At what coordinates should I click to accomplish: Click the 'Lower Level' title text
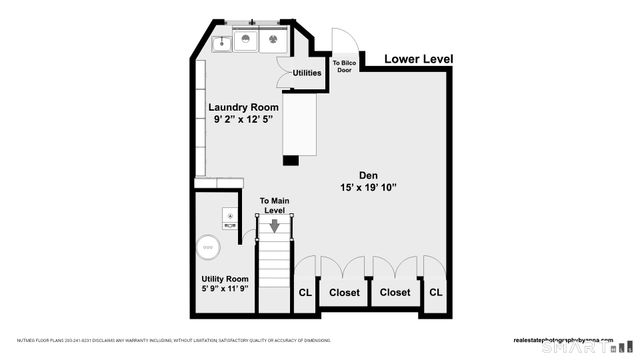pyautogui.click(x=419, y=60)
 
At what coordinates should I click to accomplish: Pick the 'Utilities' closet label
pyautogui.click(x=307, y=73)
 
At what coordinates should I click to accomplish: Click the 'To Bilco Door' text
pyautogui.click(x=343, y=66)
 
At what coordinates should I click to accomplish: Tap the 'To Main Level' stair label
pyautogui.click(x=274, y=206)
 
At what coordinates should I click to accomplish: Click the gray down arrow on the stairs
pyautogui.click(x=274, y=226)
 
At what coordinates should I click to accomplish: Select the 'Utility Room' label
pyautogui.click(x=224, y=279)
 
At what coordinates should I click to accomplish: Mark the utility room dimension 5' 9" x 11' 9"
pyautogui.click(x=224, y=289)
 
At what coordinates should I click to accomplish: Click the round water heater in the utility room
pyautogui.click(x=209, y=245)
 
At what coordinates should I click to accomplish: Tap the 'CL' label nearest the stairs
pyautogui.click(x=305, y=292)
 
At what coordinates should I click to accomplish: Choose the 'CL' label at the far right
pyautogui.click(x=435, y=292)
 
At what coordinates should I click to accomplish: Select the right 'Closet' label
pyautogui.click(x=395, y=292)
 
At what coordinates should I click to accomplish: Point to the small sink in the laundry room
pyautogui.click(x=221, y=42)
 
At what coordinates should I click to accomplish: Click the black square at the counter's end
pyautogui.click(x=292, y=159)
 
